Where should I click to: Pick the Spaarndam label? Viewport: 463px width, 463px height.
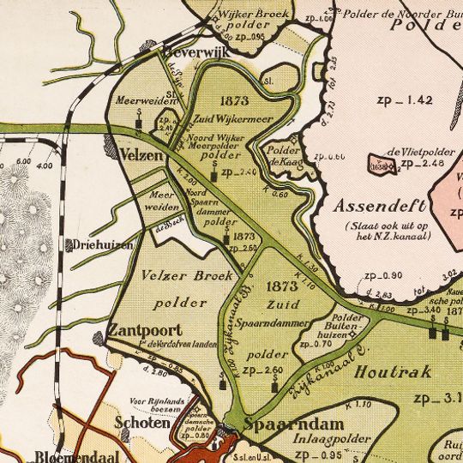coord(281,424)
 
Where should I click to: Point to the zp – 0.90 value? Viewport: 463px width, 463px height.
coord(382,275)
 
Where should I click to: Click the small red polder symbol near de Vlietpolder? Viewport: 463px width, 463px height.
coord(376,164)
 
